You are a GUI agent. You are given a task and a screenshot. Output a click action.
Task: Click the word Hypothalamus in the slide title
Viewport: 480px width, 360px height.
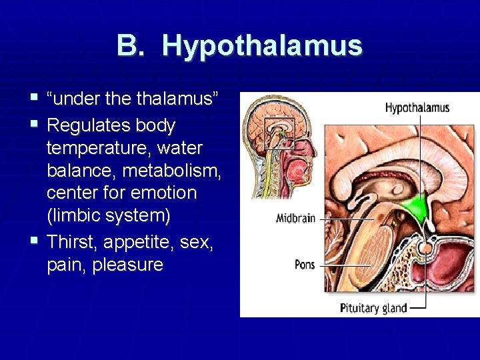pyautogui.click(x=261, y=47)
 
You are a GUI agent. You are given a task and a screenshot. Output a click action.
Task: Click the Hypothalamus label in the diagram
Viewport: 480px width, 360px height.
pyautogui.click(x=417, y=107)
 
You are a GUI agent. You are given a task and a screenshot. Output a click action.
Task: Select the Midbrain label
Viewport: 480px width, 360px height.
pyautogui.click(x=295, y=219)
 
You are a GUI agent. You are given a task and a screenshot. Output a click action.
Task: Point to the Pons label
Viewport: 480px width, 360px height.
pyautogui.click(x=305, y=265)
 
